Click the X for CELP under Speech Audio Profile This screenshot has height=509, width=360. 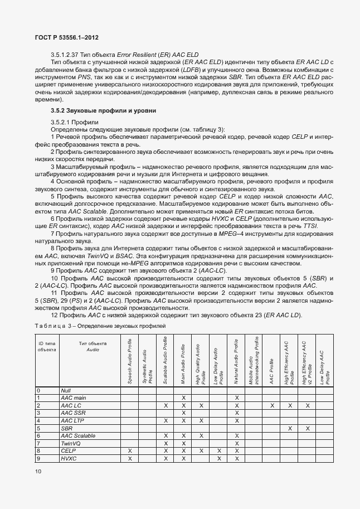pyautogui.click(x=130, y=450)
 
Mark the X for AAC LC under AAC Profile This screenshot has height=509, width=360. pyautogui.click(x=271, y=405)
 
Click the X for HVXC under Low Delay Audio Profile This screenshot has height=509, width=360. pyautogui.click(x=219, y=458)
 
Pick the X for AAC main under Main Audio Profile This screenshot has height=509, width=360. pyautogui.click(x=183, y=397)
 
